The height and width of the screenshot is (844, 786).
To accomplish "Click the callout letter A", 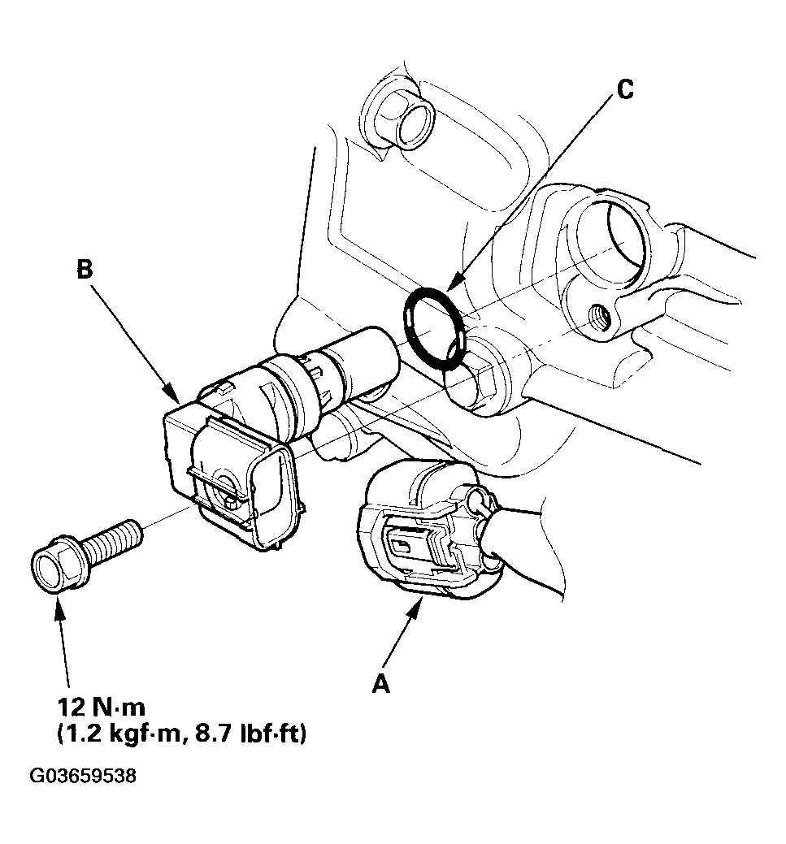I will coord(380,685).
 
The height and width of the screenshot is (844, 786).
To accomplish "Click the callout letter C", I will coord(623,89).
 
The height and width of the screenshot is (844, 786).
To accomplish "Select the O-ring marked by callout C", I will coord(435,329).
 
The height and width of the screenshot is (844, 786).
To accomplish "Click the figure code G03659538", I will coord(83,777).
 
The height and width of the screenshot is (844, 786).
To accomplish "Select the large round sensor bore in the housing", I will coord(611,236).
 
